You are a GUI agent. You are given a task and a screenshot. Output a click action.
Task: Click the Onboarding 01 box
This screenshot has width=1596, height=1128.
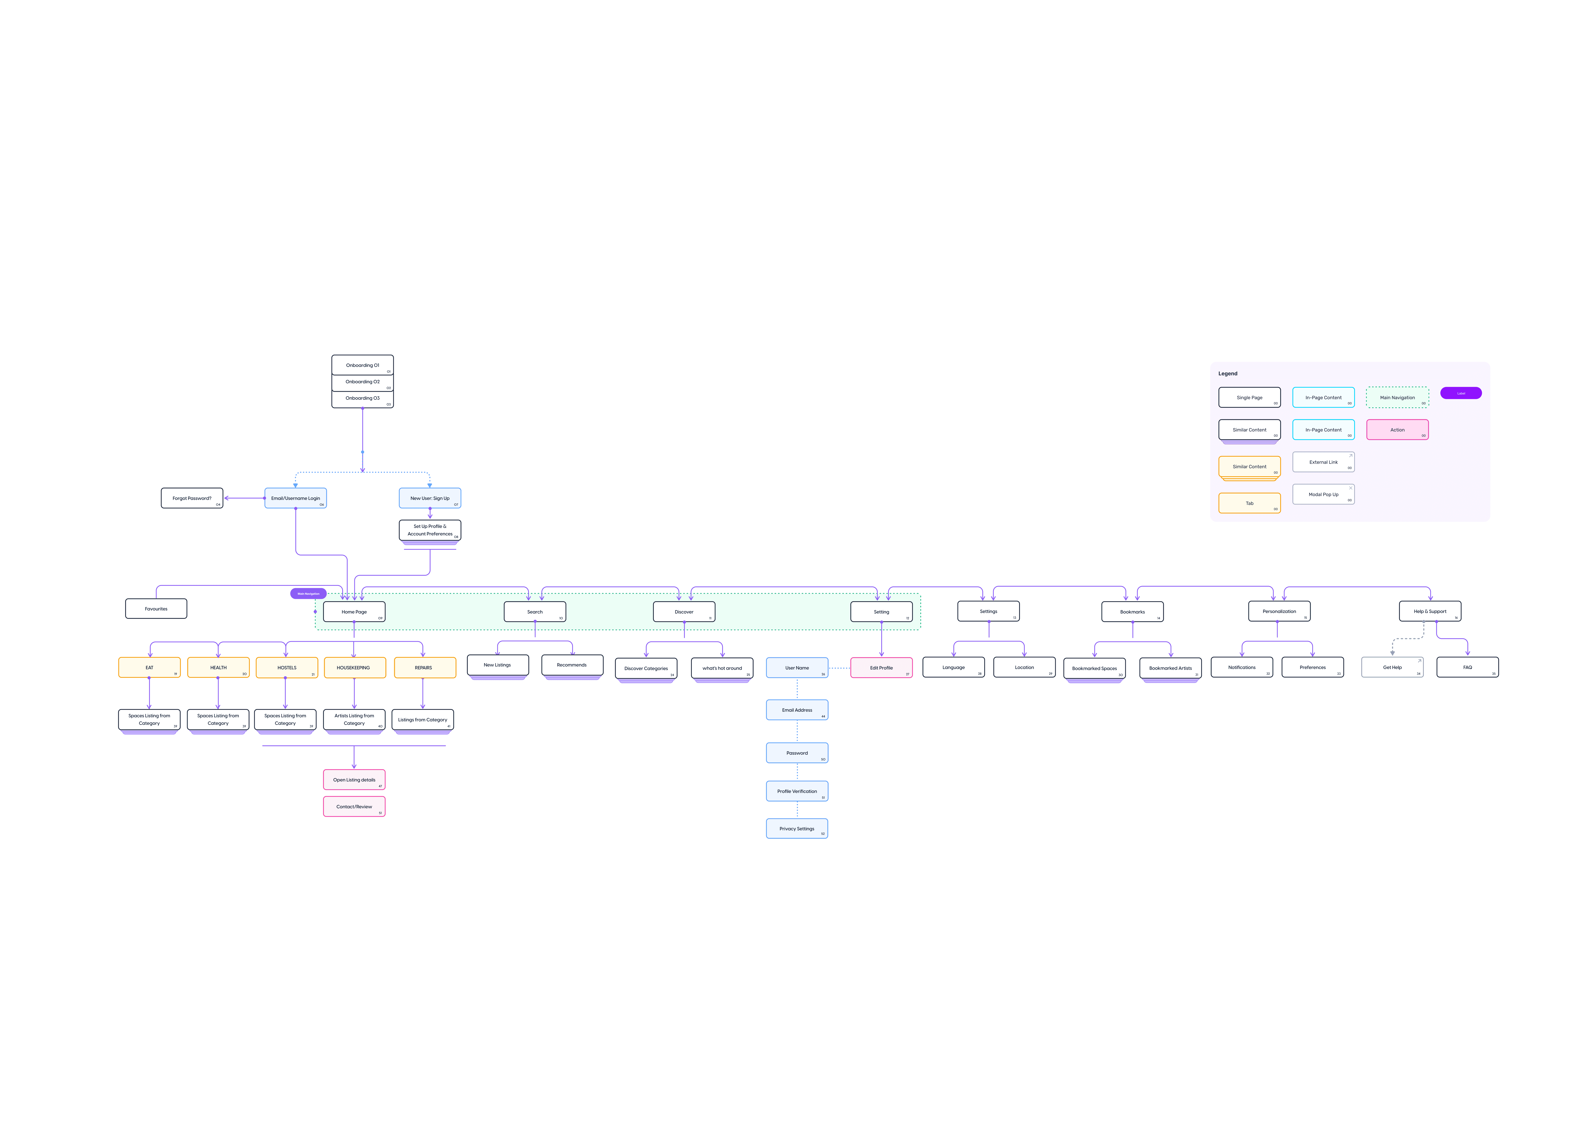pyautogui.click(x=362, y=365)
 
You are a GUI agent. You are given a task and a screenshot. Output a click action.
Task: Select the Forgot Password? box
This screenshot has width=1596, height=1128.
pyautogui.click(x=192, y=498)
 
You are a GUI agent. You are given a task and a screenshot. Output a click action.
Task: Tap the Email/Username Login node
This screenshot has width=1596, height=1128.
pyautogui.click(x=295, y=498)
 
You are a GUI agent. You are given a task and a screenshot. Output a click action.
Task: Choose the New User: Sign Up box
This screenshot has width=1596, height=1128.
pyautogui.click(x=430, y=498)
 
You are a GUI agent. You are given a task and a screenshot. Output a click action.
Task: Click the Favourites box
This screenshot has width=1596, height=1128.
pyautogui.click(x=156, y=609)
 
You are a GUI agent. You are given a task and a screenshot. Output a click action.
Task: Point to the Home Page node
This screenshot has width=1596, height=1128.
pyautogui.click(x=354, y=612)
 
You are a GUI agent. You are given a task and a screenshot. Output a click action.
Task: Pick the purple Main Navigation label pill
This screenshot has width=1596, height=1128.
pyautogui.click(x=308, y=594)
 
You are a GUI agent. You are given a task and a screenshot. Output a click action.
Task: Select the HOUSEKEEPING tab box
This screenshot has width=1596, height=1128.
pyautogui.click(x=354, y=667)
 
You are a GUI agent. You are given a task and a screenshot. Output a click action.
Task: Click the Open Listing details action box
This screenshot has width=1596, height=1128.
pyautogui.click(x=354, y=780)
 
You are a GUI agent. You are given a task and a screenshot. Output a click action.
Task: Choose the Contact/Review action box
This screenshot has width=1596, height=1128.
pyautogui.click(x=354, y=806)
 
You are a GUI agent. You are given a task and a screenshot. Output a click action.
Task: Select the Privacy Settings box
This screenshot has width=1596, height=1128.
pyautogui.click(x=797, y=828)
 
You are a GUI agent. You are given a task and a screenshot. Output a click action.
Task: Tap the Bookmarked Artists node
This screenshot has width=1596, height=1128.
pyautogui.click(x=1170, y=668)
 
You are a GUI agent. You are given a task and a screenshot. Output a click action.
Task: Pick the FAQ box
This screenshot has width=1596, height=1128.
pyautogui.click(x=1467, y=667)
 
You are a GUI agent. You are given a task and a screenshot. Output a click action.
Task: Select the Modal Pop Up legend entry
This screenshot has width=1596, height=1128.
pyautogui.click(x=1323, y=494)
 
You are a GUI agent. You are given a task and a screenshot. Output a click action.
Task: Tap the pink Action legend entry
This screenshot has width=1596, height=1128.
pyautogui.click(x=1397, y=430)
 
